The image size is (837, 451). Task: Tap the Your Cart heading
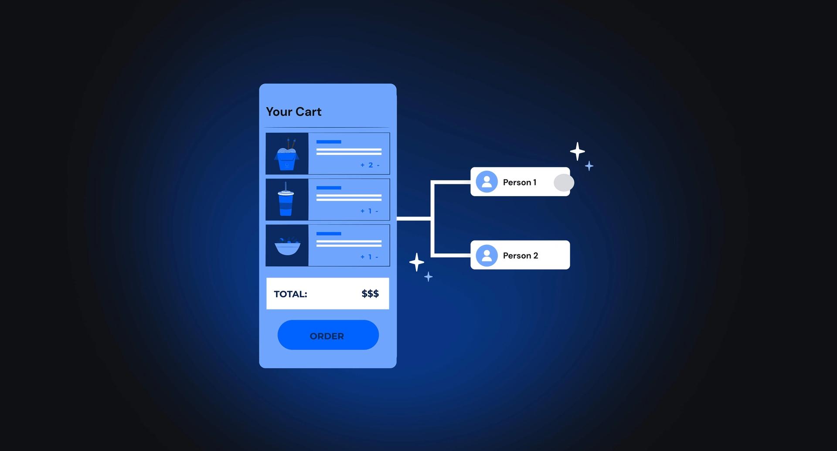[x=293, y=112]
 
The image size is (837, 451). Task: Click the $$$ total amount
[x=370, y=294]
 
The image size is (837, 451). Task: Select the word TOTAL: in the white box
[x=290, y=294]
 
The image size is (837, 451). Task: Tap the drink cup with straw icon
[x=286, y=200]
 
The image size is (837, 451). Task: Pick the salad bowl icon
[x=287, y=246]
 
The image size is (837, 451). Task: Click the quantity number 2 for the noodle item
[x=371, y=165]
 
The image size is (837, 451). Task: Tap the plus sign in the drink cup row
[x=362, y=211]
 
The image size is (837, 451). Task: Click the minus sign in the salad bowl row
[x=377, y=257]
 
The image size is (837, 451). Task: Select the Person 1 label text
[x=519, y=182]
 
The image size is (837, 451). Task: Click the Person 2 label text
[x=520, y=255]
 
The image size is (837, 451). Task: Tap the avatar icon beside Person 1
[x=487, y=182]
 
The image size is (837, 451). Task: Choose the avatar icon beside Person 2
[x=487, y=255]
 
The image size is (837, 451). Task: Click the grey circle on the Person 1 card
[x=564, y=183]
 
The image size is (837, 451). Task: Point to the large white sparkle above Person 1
[x=577, y=152]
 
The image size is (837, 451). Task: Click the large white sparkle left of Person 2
[x=417, y=262]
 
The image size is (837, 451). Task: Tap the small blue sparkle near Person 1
[x=589, y=166]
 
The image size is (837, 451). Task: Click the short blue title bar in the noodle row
[x=329, y=142]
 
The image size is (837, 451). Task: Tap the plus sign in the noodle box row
[x=362, y=165]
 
